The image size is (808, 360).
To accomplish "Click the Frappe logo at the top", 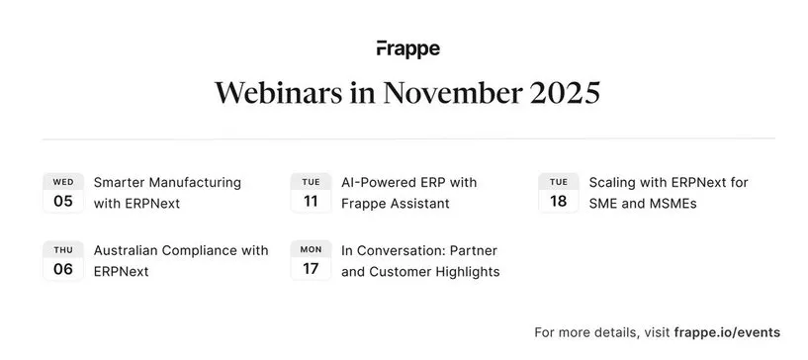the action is point(408,48).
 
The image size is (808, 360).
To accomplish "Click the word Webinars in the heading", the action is point(279,93).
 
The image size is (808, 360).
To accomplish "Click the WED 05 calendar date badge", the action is point(63,193).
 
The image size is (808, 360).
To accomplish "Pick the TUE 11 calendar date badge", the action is point(311,193).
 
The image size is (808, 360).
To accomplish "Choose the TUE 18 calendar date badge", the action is point(559,193).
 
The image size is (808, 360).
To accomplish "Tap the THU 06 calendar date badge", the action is point(63,260).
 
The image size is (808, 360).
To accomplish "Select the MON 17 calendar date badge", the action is point(311,260).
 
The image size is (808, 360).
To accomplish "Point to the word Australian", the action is point(126,250).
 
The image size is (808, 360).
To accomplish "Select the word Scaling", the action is point(611,183).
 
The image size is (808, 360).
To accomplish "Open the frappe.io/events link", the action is point(727,332).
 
